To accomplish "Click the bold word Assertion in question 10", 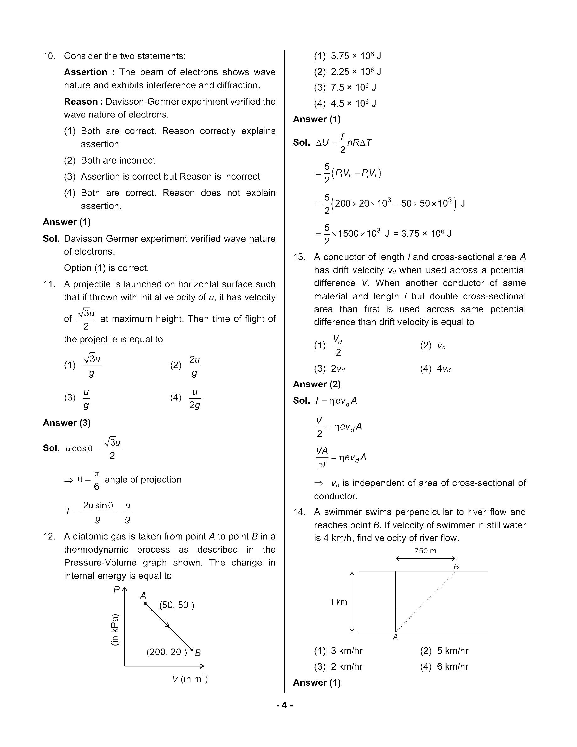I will (x=85, y=72).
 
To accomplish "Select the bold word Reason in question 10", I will (x=81, y=102).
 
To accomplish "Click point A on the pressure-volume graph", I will (x=145, y=603).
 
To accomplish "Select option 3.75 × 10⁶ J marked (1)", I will (x=355, y=56).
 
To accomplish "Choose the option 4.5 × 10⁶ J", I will (x=353, y=103).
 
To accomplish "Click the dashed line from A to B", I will (x=426, y=602).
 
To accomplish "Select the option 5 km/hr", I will (x=452, y=651).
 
